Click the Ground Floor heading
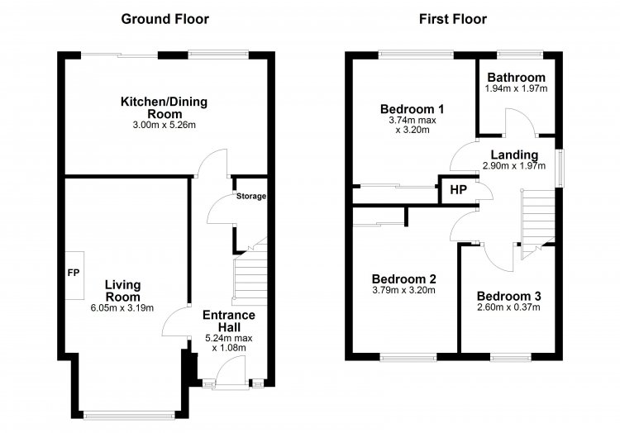pyautogui.click(x=165, y=19)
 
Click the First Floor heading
pyautogui.click(x=453, y=19)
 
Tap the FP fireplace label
pyautogui.click(x=73, y=273)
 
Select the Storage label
pyautogui.click(x=251, y=196)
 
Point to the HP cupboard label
pyautogui.click(x=458, y=190)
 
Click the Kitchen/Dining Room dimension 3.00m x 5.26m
pyautogui.click(x=165, y=126)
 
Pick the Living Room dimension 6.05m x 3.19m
pyautogui.click(x=122, y=308)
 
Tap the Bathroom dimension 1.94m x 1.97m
pyautogui.click(x=516, y=88)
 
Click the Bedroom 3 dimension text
pyautogui.click(x=508, y=307)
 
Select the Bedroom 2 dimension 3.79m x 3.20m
pyautogui.click(x=403, y=290)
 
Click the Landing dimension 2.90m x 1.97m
pyautogui.click(x=514, y=166)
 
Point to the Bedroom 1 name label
pyautogui.click(x=412, y=109)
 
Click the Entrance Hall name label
pyautogui.click(x=228, y=321)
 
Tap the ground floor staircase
pyautogui.click(x=250, y=277)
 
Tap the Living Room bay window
pyautogui.click(x=129, y=415)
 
